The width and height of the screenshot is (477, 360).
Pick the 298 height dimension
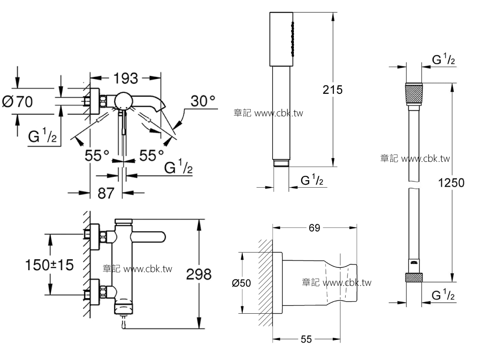pyautogui.click(x=198, y=274)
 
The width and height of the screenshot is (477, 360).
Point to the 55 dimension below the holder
pyautogui.click(x=307, y=339)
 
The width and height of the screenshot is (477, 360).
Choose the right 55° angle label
pyautogui.click(x=151, y=155)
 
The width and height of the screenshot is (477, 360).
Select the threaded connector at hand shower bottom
pyautogui.click(x=281, y=163)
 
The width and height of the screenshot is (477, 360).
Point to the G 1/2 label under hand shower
pyautogui.click(x=312, y=180)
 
